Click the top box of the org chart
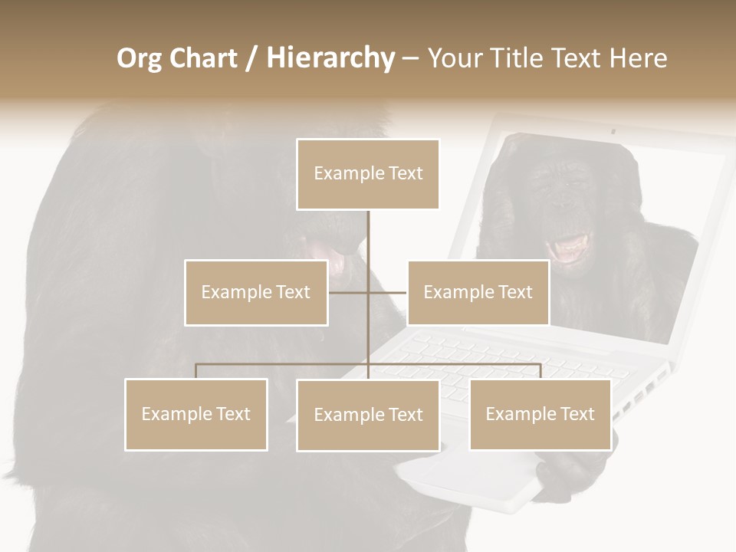tap(368, 174)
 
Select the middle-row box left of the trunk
tap(256, 292)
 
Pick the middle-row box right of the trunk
tap(478, 292)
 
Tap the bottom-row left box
tap(196, 414)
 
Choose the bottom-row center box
tap(368, 415)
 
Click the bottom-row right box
tap(540, 414)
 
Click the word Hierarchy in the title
tap(330, 58)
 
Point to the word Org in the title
tap(139, 58)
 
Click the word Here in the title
tap(638, 58)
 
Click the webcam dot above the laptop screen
tap(613, 131)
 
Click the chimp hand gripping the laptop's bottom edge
tap(563, 472)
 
